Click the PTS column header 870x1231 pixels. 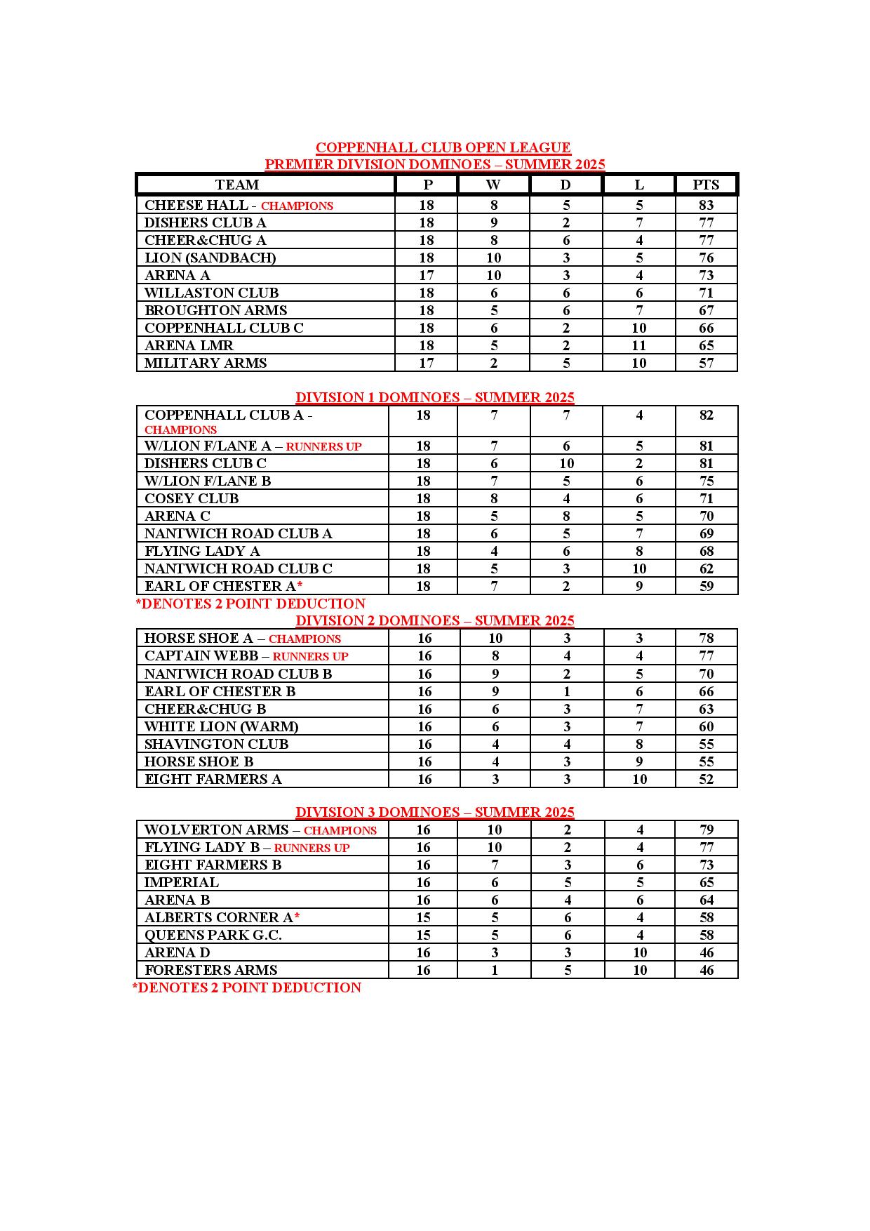706,185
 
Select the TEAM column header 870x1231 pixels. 237,185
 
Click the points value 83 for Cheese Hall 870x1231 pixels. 706,205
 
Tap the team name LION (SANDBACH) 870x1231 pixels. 210,258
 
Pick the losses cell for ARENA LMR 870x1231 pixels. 638,345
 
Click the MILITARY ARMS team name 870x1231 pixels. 206,363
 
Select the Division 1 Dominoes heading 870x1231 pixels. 434,397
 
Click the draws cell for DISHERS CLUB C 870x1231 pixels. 566,463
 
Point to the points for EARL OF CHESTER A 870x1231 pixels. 706,586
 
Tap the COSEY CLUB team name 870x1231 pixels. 192,498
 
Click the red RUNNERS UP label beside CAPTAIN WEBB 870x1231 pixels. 310,656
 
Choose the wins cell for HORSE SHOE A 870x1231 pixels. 495,638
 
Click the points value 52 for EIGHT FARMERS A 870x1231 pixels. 706,779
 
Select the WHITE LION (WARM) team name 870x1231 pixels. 221,726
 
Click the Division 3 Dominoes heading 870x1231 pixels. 434,812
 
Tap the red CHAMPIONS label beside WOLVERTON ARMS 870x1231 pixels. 340,830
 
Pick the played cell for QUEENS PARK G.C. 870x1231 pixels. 423,935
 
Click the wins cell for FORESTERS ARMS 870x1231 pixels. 495,970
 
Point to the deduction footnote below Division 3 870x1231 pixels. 247,987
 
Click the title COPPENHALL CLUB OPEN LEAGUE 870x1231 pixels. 443,147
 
